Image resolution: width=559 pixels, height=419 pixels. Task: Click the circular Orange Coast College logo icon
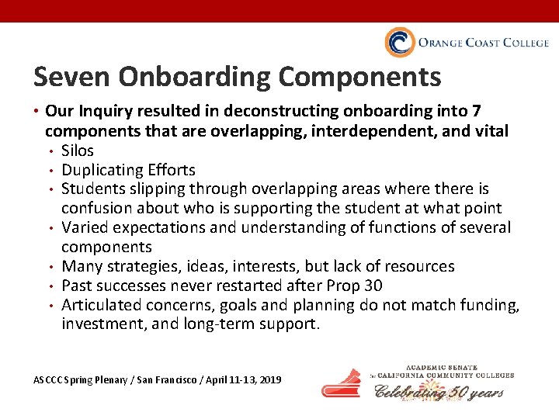click(399, 43)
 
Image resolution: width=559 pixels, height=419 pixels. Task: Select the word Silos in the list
click(78, 151)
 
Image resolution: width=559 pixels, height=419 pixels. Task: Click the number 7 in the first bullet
click(498, 113)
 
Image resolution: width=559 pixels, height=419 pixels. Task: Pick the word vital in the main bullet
click(491, 132)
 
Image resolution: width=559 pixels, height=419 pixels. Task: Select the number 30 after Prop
click(373, 286)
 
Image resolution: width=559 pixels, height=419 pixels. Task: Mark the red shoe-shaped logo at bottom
click(342, 384)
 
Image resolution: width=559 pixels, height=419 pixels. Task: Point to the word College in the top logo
click(525, 43)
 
